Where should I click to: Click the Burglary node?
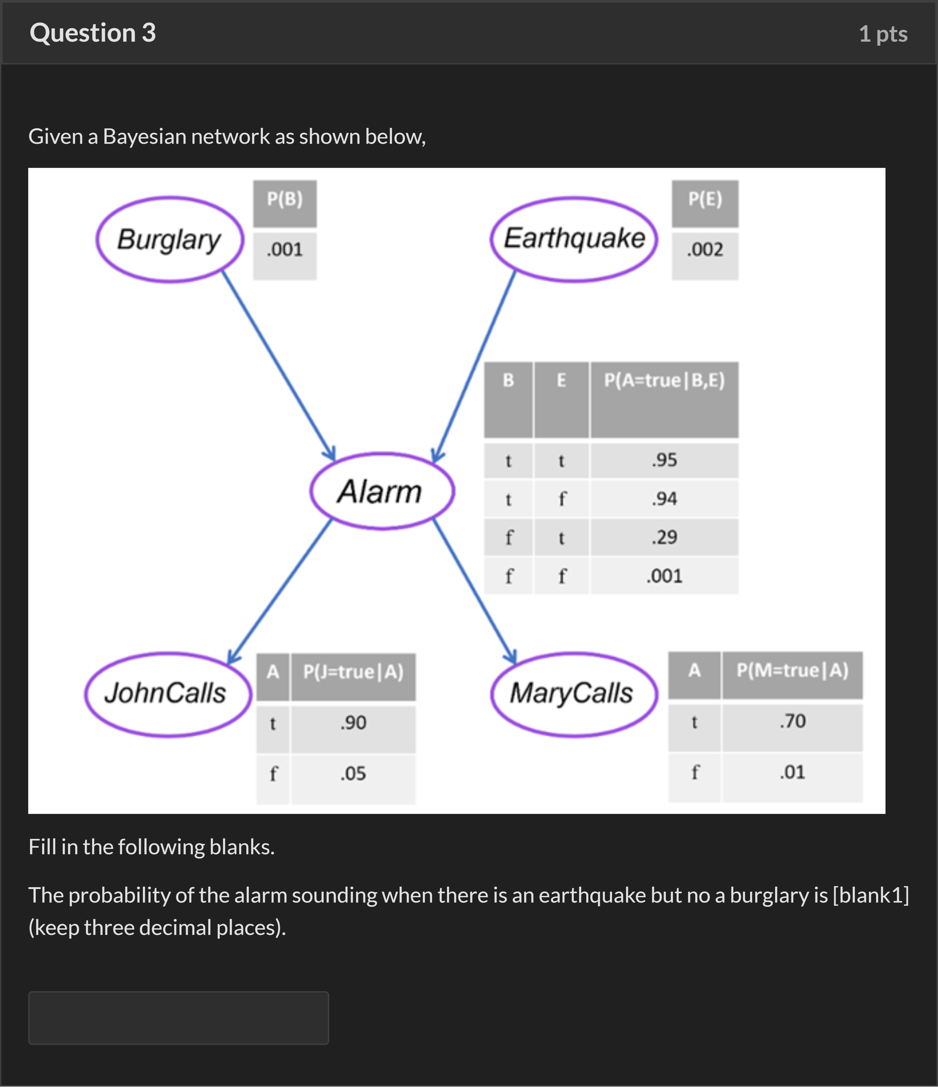[x=170, y=240]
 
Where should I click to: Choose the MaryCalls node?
[x=574, y=694]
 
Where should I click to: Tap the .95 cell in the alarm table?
[x=664, y=461]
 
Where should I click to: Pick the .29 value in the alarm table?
[x=664, y=537]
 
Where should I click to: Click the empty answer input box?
[x=179, y=1018]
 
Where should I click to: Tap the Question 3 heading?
[x=93, y=33]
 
